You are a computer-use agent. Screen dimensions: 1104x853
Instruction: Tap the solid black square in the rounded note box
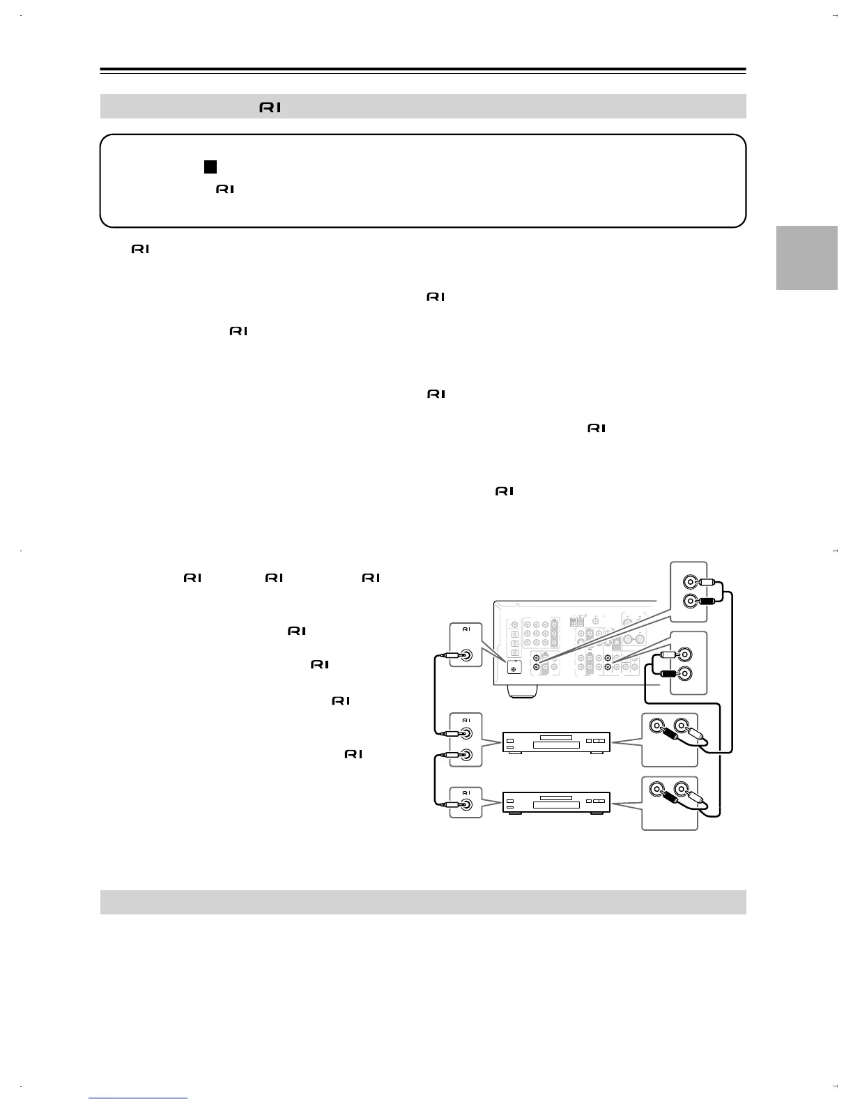tap(210, 167)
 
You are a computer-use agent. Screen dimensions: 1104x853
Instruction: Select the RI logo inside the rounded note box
tap(224, 189)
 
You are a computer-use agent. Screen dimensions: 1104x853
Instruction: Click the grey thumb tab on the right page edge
tap(806, 257)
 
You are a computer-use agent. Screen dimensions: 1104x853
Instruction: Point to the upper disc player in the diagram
tap(556, 742)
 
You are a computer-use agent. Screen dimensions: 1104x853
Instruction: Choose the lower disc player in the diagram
tap(556, 802)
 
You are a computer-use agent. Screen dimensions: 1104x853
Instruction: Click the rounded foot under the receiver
tap(523, 691)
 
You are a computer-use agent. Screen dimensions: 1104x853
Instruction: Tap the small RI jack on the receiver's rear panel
tap(514, 669)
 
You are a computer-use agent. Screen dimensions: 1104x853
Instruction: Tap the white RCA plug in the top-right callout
tap(707, 581)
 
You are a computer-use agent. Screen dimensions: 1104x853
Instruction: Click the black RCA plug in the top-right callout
tap(707, 599)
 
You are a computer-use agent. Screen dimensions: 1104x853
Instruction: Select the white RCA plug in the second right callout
tap(668, 654)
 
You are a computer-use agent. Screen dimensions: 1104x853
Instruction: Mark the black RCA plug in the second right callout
tap(668, 673)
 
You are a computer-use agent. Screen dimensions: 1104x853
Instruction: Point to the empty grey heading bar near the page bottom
tap(423, 902)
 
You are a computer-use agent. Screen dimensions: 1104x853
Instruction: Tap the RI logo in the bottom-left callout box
tap(466, 792)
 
